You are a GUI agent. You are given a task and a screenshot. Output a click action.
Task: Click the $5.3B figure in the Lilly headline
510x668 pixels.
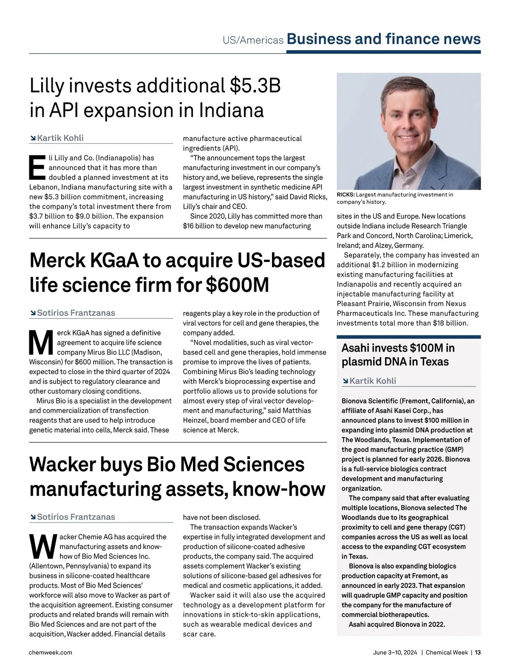255,86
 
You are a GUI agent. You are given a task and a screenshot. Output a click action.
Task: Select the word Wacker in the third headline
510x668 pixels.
61,464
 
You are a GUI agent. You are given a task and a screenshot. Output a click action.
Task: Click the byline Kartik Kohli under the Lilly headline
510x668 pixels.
60,138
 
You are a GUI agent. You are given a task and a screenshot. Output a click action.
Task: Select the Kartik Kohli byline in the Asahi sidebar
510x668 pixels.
373,381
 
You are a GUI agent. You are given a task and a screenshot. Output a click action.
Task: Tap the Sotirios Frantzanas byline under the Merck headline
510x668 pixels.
76,313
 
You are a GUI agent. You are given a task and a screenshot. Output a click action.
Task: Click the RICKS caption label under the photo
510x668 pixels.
345,195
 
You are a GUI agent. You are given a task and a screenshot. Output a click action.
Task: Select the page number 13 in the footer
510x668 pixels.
478,652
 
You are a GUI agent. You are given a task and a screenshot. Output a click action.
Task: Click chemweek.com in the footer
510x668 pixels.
51,652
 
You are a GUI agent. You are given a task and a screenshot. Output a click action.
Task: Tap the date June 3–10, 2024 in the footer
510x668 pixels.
395,652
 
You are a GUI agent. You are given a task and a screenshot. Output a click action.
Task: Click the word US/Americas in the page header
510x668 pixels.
253,40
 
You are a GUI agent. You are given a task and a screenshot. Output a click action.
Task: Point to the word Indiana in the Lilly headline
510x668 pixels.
232,111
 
